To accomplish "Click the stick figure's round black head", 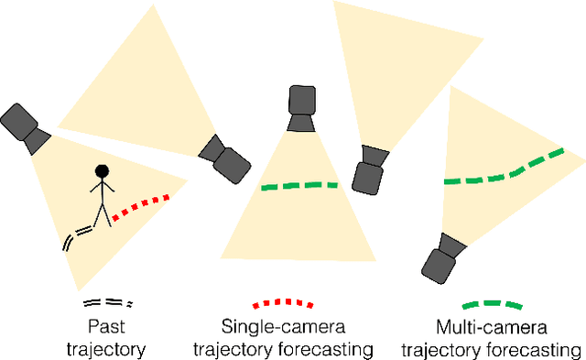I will (102, 170).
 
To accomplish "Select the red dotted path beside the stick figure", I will (141, 204).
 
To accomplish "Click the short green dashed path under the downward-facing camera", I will (298, 186).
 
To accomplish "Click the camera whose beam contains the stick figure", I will (26, 126).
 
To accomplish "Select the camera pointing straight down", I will (301, 108).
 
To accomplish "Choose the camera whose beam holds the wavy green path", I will (441, 257).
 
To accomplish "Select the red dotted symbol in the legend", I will (285, 302).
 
